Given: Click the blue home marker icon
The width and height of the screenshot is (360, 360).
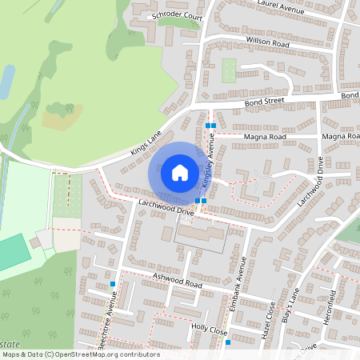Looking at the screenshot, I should [180, 172].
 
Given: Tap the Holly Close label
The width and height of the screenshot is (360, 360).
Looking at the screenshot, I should [210, 329].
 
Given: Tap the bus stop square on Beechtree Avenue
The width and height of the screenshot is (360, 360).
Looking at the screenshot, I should [113, 284].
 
